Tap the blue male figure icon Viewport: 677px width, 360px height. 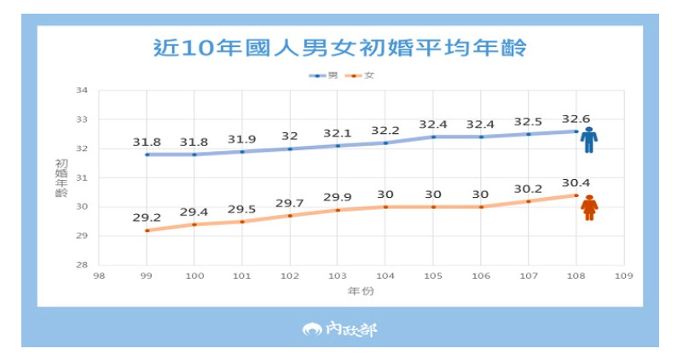point(589,140)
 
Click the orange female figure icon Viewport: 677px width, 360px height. point(589,207)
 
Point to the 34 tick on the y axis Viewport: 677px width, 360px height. point(83,90)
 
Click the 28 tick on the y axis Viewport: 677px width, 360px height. point(83,265)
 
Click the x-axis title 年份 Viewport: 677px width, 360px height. point(362,291)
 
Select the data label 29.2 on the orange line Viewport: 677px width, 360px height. point(147,218)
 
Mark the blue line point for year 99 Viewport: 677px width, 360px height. point(147,154)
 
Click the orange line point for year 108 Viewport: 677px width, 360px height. point(576,195)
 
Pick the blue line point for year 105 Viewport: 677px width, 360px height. point(433,136)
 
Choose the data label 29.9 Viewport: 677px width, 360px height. point(338,198)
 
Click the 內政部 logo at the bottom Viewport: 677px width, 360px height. point(338,328)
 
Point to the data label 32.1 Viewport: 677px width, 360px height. point(338,134)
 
